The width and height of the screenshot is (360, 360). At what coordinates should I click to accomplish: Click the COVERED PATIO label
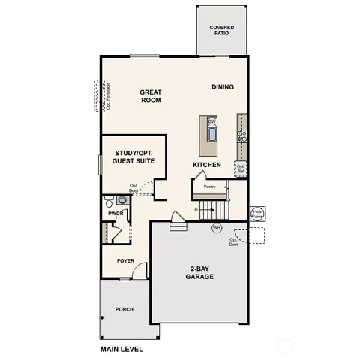click(221, 31)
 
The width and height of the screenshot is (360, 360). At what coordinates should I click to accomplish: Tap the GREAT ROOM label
click(151, 97)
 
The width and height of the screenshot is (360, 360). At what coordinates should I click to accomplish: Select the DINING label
click(222, 87)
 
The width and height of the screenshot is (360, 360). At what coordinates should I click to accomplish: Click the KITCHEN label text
click(206, 164)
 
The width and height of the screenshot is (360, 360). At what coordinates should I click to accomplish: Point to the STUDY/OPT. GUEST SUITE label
click(133, 157)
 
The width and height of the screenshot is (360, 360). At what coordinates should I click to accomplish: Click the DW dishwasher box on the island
click(211, 121)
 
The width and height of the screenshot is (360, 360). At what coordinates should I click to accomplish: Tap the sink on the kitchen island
click(211, 136)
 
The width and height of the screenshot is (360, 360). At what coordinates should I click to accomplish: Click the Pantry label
click(210, 187)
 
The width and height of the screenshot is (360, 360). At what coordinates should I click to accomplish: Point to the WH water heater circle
click(217, 228)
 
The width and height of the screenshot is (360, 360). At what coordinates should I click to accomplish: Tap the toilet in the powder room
click(109, 202)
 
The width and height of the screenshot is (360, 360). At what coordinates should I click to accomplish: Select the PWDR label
click(115, 213)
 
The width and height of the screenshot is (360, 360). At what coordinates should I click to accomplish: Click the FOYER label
click(124, 261)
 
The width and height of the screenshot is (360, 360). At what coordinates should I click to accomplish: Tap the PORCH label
click(124, 309)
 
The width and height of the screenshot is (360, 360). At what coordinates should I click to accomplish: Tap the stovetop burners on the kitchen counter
click(242, 136)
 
